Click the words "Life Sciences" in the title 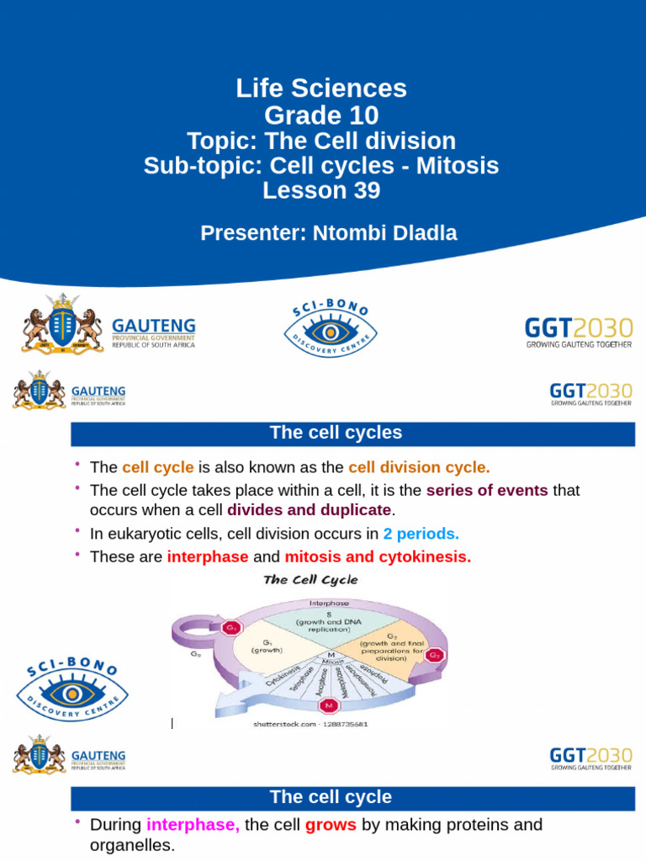(x=322, y=88)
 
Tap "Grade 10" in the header (x=322, y=114)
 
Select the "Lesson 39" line (x=321, y=191)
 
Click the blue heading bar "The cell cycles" (x=336, y=434)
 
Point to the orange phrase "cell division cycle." (x=419, y=468)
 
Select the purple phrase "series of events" (x=487, y=490)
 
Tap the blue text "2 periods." (x=421, y=534)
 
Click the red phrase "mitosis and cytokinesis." (x=378, y=556)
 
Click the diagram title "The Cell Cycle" (x=310, y=580)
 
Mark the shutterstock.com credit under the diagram (x=310, y=724)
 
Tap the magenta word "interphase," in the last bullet (x=193, y=825)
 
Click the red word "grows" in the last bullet (x=331, y=825)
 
